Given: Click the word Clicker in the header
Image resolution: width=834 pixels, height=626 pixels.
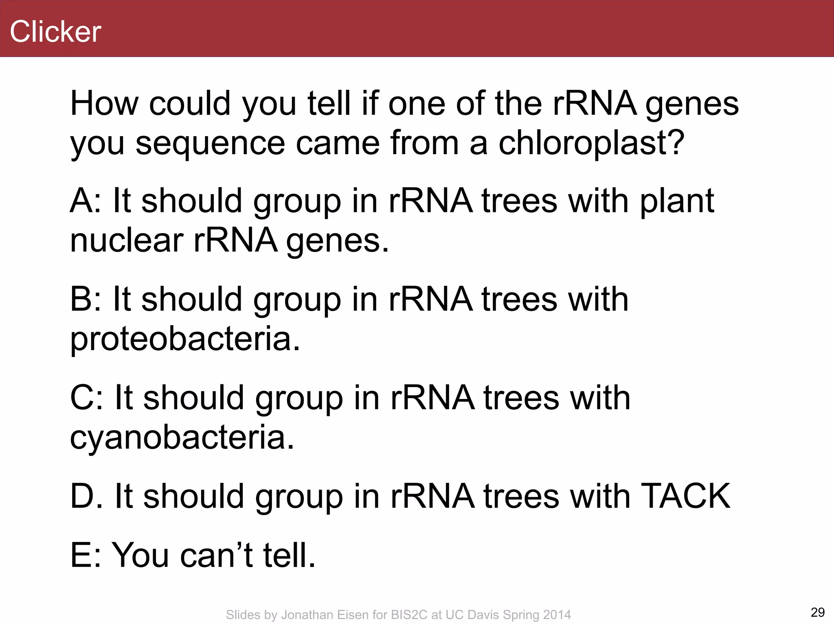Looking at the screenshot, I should [55, 31].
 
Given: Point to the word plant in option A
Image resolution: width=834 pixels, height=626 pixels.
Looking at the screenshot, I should [677, 202].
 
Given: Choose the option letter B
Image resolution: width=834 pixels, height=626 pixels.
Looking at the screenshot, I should [81, 299].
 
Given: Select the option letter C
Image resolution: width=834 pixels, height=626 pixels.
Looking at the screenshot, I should [81, 398].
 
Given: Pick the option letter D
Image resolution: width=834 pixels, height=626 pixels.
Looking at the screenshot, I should [81, 496].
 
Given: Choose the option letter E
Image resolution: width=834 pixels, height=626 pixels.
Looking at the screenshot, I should [81, 555].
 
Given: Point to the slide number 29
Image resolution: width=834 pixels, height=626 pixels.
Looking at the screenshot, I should [817, 612].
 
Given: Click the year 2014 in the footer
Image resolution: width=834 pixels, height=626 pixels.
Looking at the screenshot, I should [557, 615].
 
